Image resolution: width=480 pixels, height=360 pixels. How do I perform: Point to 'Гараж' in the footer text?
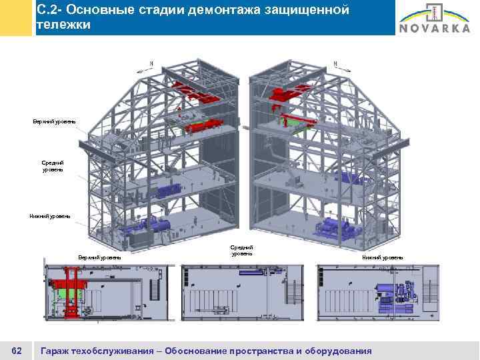click(x=57, y=351)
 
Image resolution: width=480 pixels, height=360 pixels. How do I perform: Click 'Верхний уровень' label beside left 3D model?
click(x=54, y=121)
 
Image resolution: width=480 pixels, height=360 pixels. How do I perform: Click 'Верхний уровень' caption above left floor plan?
click(x=99, y=257)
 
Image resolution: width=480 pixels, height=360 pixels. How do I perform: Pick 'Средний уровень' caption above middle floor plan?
click(x=241, y=251)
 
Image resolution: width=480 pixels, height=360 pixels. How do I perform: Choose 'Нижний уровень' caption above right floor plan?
click(x=382, y=257)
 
